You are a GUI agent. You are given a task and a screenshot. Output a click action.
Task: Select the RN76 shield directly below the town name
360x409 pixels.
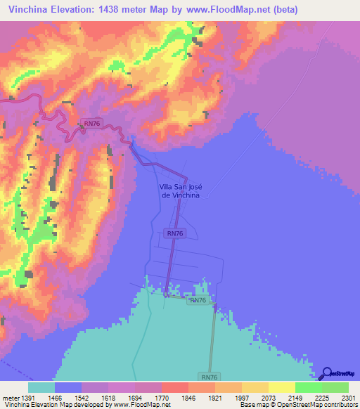click(x=176, y=233)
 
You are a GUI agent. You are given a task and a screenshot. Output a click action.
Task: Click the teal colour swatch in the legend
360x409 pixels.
click(x=41, y=387)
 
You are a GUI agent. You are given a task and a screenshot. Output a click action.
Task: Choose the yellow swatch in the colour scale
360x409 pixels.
click(x=281, y=387)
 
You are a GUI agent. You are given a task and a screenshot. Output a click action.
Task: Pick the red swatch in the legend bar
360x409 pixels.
click(x=174, y=387)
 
